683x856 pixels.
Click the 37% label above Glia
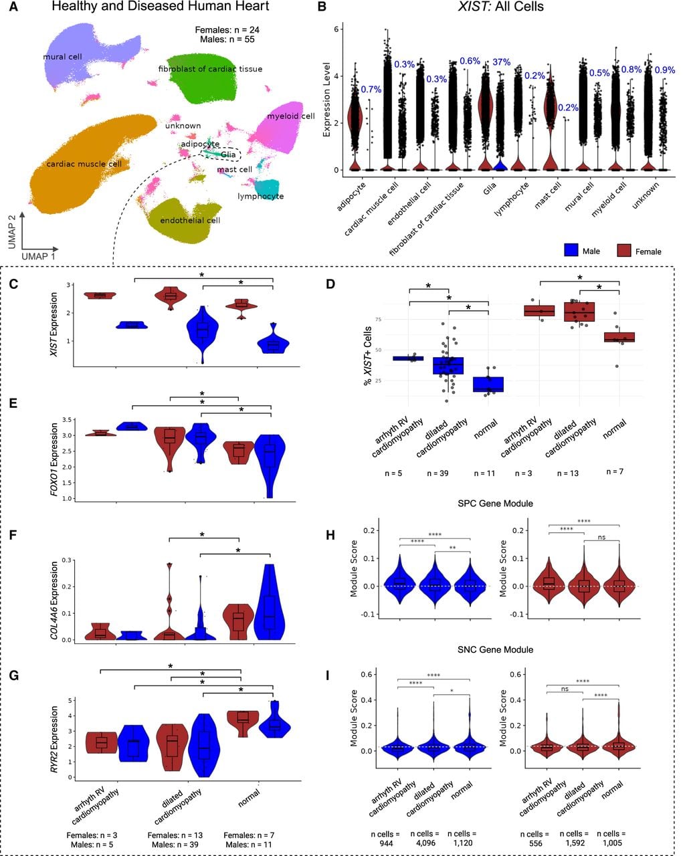pyautogui.click(x=501, y=62)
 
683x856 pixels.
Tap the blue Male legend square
pyautogui.click(x=571, y=250)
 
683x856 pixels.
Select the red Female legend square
pyautogui.click(x=623, y=250)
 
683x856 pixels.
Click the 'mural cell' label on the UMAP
pyautogui.click(x=62, y=56)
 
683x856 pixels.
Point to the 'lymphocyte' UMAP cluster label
pyautogui.click(x=260, y=196)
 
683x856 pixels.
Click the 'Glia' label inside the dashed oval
pyautogui.click(x=228, y=154)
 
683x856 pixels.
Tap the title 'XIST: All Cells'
pyautogui.click(x=500, y=7)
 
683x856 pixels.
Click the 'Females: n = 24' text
pyautogui.click(x=227, y=30)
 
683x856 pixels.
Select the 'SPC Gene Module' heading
pyautogui.click(x=495, y=503)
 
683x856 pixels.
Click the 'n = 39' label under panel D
pyautogui.click(x=437, y=473)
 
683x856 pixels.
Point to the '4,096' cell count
pyautogui.click(x=425, y=843)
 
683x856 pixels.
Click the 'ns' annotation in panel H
pyautogui.click(x=601, y=537)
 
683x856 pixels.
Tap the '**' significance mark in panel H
pyautogui.click(x=453, y=548)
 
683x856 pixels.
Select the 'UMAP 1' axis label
pyautogui.click(x=38, y=256)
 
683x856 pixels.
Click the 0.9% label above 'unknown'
pyautogui.click(x=665, y=70)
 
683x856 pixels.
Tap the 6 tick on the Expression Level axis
pyautogui.click(x=336, y=29)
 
